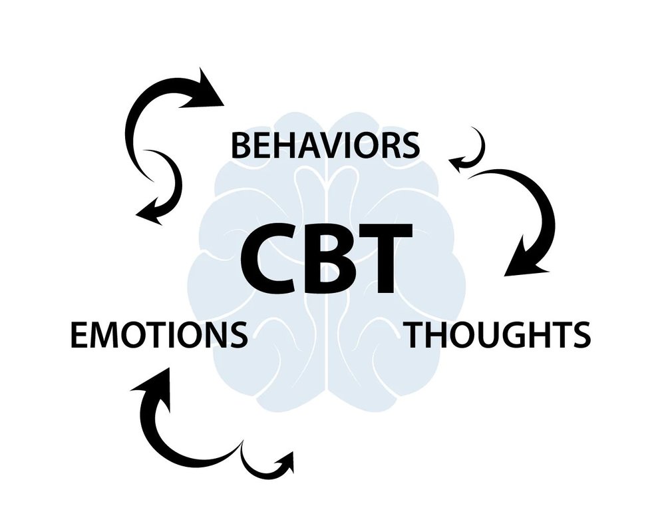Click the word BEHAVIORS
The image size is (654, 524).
[325, 146]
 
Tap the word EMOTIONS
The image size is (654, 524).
[158, 335]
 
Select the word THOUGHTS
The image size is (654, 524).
[498, 335]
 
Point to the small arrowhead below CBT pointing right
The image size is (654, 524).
[285, 459]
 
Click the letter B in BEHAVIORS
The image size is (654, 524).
[240, 146]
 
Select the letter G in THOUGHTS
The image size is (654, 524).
[515, 335]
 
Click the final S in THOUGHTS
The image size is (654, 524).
[579, 335]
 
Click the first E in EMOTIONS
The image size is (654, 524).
[78, 335]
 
